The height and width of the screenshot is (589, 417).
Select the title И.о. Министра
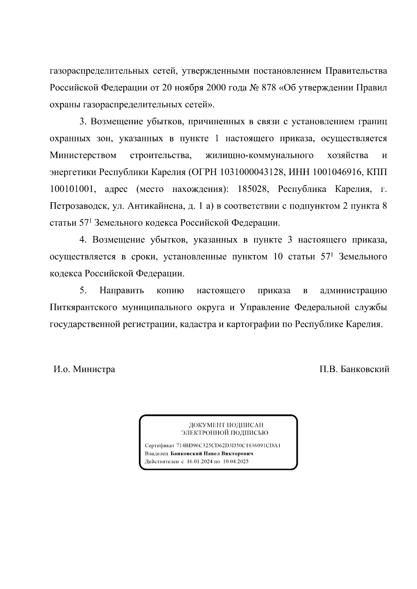pos(84,369)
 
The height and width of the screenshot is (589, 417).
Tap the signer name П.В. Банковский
pos(354,369)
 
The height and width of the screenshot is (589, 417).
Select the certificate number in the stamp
pos(228,446)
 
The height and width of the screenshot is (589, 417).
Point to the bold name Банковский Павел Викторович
pos(212,454)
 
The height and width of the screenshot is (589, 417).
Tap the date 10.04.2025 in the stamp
pos(236,462)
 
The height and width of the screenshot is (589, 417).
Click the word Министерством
pos(83,155)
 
